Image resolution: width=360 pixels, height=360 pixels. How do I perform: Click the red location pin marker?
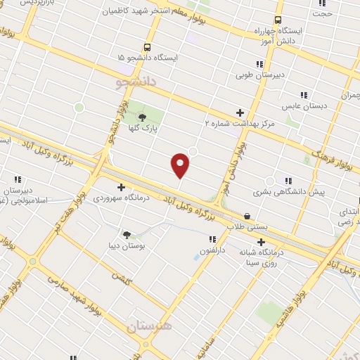(181, 165)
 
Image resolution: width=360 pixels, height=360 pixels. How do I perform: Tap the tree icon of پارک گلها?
(142, 117)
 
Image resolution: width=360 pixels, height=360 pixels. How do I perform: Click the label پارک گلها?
(143, 129)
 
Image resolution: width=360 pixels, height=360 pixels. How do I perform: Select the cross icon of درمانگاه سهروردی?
(121, 187)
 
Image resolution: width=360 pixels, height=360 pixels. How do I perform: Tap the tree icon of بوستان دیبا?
(127, 235)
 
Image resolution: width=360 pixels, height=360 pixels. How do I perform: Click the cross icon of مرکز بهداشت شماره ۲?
(240, 112)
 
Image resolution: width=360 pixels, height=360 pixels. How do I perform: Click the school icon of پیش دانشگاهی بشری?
(288, 180)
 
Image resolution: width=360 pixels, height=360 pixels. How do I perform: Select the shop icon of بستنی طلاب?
(247, 217)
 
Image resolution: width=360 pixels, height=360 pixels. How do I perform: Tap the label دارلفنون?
(210, 250)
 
